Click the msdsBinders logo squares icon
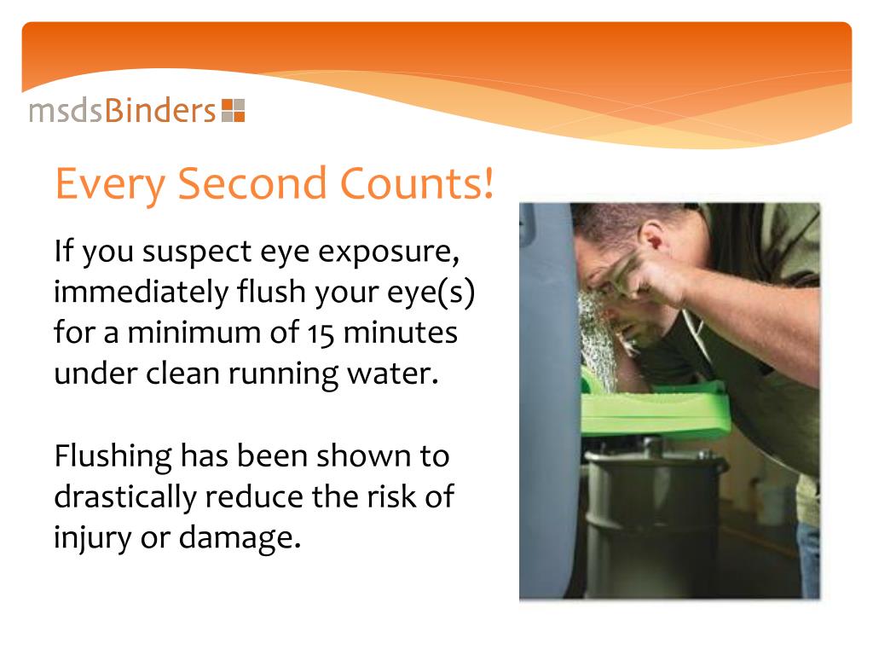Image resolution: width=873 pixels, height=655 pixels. click(x=233, y=111)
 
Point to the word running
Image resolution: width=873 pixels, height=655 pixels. click(x=312, y=374)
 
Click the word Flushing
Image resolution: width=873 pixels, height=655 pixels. click(x=113, y=456)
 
